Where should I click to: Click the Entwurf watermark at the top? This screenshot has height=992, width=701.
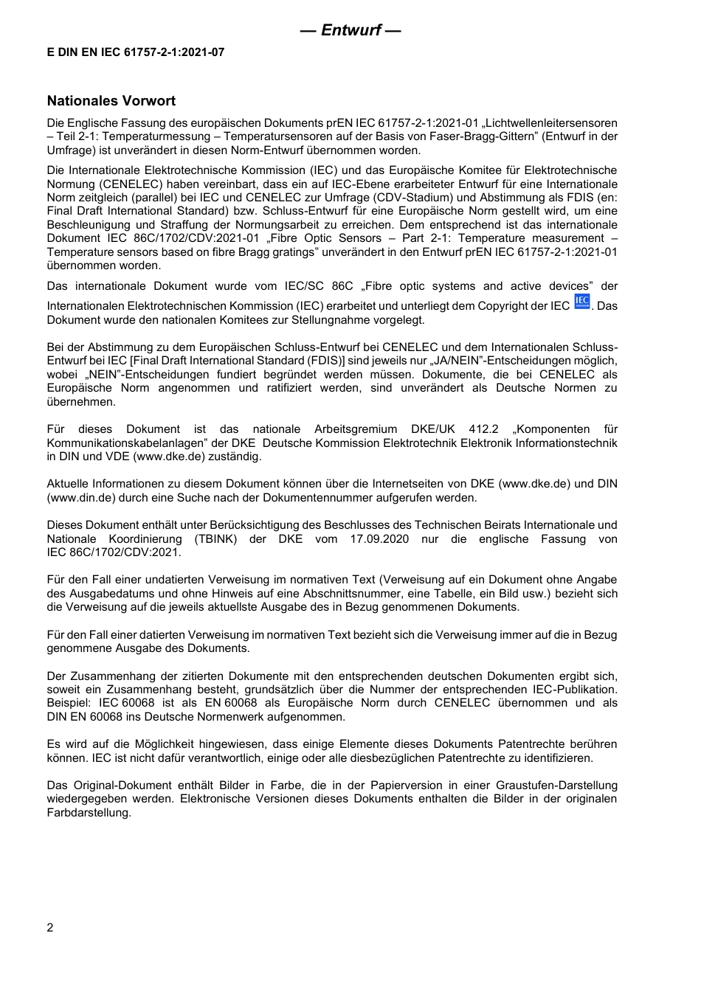coord(350,30)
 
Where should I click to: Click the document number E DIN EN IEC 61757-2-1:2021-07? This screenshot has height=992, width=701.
coord(136,52)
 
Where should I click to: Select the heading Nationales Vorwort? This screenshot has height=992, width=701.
coord(111,101)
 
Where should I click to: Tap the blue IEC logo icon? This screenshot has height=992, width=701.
coord(582,302)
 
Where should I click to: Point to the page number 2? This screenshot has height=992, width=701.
coord(50,928)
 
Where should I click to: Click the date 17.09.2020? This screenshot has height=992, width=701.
coord(381,539)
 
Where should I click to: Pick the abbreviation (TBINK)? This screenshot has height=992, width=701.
coord(216,539)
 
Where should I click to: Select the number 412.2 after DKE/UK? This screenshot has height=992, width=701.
coord(484,429)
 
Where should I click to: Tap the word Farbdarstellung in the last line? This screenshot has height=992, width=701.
coord(89,813)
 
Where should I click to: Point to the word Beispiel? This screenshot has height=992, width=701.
coord(69,703)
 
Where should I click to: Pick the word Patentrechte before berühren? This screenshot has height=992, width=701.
coord(534,744)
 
